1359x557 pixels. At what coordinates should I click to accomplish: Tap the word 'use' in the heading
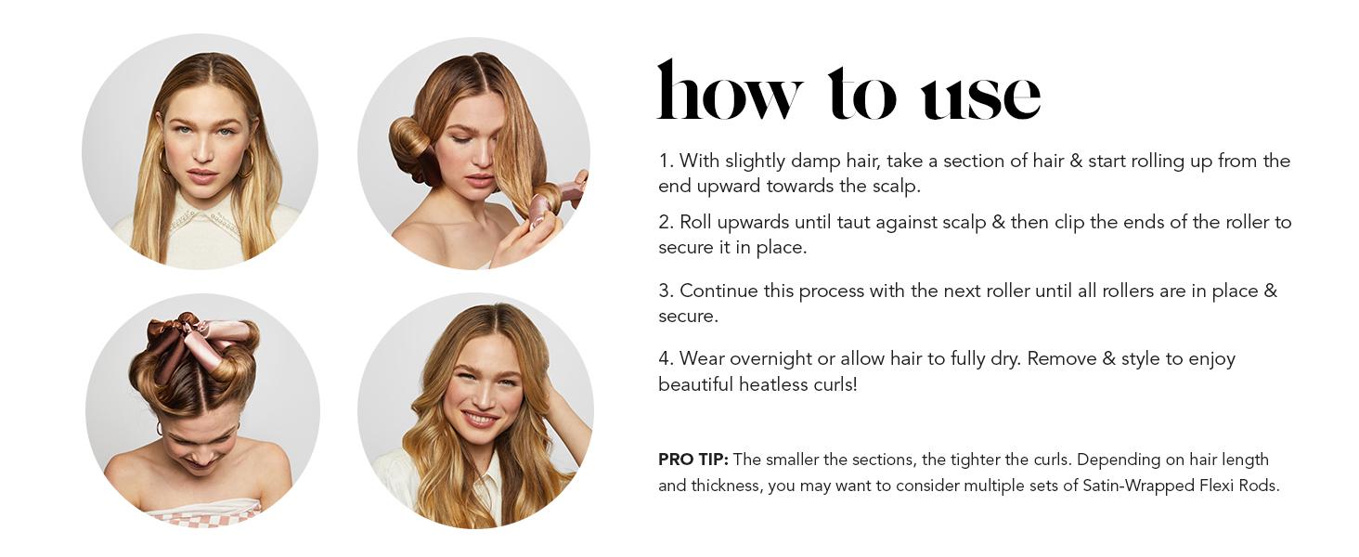pos(979,96)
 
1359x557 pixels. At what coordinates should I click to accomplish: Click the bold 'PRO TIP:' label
pos(692,460)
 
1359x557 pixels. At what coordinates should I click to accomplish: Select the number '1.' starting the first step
pos(667,161)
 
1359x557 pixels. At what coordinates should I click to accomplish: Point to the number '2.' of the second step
pos(667,222)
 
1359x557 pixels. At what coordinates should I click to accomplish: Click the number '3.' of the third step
pos(667,291)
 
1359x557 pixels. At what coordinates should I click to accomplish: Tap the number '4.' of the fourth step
pos(667,358)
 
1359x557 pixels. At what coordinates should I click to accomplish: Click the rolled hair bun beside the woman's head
pos(410,145)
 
